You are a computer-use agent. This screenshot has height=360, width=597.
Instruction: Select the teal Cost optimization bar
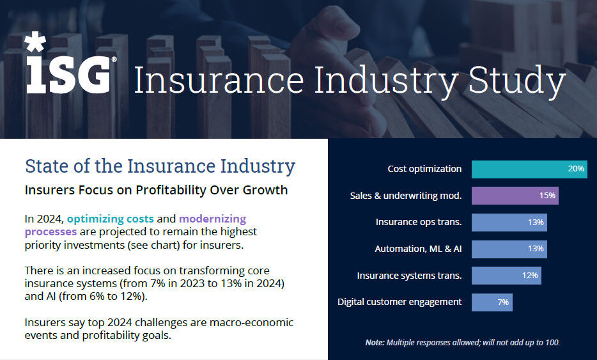pos(529,169)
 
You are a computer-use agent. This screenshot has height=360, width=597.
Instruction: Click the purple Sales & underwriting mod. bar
pos(515,196)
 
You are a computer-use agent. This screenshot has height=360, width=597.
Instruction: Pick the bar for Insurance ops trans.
pos(509,223)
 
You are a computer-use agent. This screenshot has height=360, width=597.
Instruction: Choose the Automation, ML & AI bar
pos(509,249)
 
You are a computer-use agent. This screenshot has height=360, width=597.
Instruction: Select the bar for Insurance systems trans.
pos(506,276)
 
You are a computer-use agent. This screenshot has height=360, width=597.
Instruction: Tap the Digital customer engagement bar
pos(492,302)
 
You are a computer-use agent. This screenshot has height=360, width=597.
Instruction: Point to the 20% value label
pos(575,169)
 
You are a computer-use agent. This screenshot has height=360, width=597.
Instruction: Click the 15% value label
pos(547,196)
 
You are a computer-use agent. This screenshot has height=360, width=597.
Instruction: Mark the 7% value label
pos(502,302)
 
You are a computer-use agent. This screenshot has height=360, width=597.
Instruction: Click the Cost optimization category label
pos(424,169)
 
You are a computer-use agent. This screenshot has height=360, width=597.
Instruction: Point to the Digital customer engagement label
pos(399,302)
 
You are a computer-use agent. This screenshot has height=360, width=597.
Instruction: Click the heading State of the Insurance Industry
pos(160,166)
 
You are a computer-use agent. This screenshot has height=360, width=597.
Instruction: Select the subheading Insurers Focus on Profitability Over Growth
pos(156,190)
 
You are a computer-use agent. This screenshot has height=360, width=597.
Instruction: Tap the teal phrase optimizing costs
pos(110,219)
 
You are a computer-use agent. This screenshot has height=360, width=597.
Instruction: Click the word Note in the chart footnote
pos(375,343)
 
